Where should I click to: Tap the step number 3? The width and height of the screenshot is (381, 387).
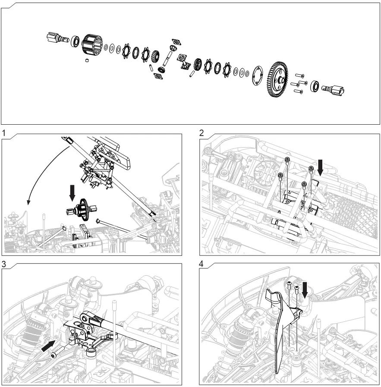(4, 264)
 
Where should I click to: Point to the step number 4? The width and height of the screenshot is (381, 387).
(202, 264)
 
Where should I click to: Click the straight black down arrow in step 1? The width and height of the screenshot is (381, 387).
(72, 192)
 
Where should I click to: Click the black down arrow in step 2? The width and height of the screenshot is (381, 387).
(320, 167)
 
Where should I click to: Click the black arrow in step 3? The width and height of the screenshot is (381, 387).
(49, 345)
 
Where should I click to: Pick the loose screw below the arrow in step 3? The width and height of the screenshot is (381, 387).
(54, 355)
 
